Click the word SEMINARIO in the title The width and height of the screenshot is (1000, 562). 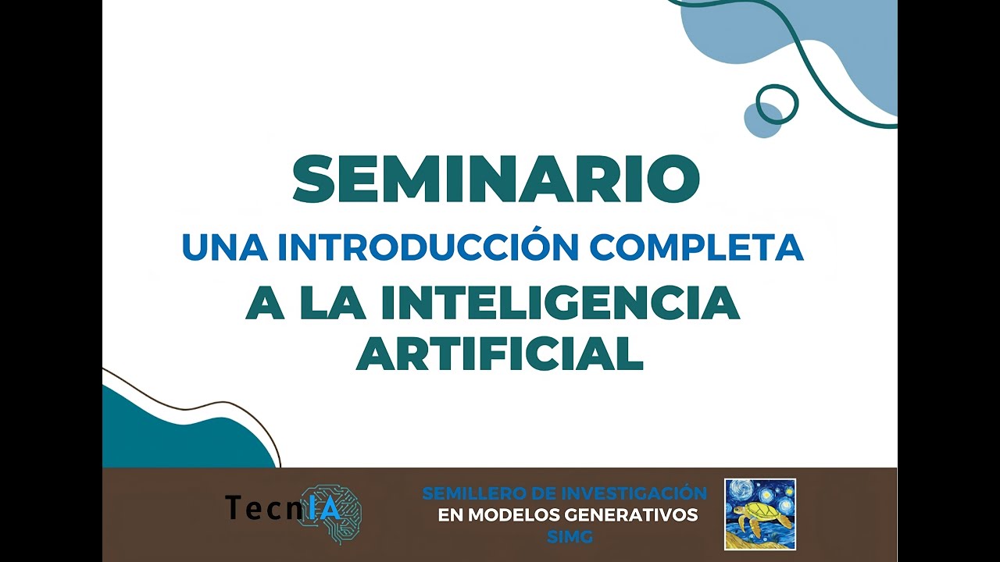495,180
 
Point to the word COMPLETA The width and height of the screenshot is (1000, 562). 697,247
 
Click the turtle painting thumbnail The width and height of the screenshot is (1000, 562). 759,514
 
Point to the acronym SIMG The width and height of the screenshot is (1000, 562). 570,537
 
